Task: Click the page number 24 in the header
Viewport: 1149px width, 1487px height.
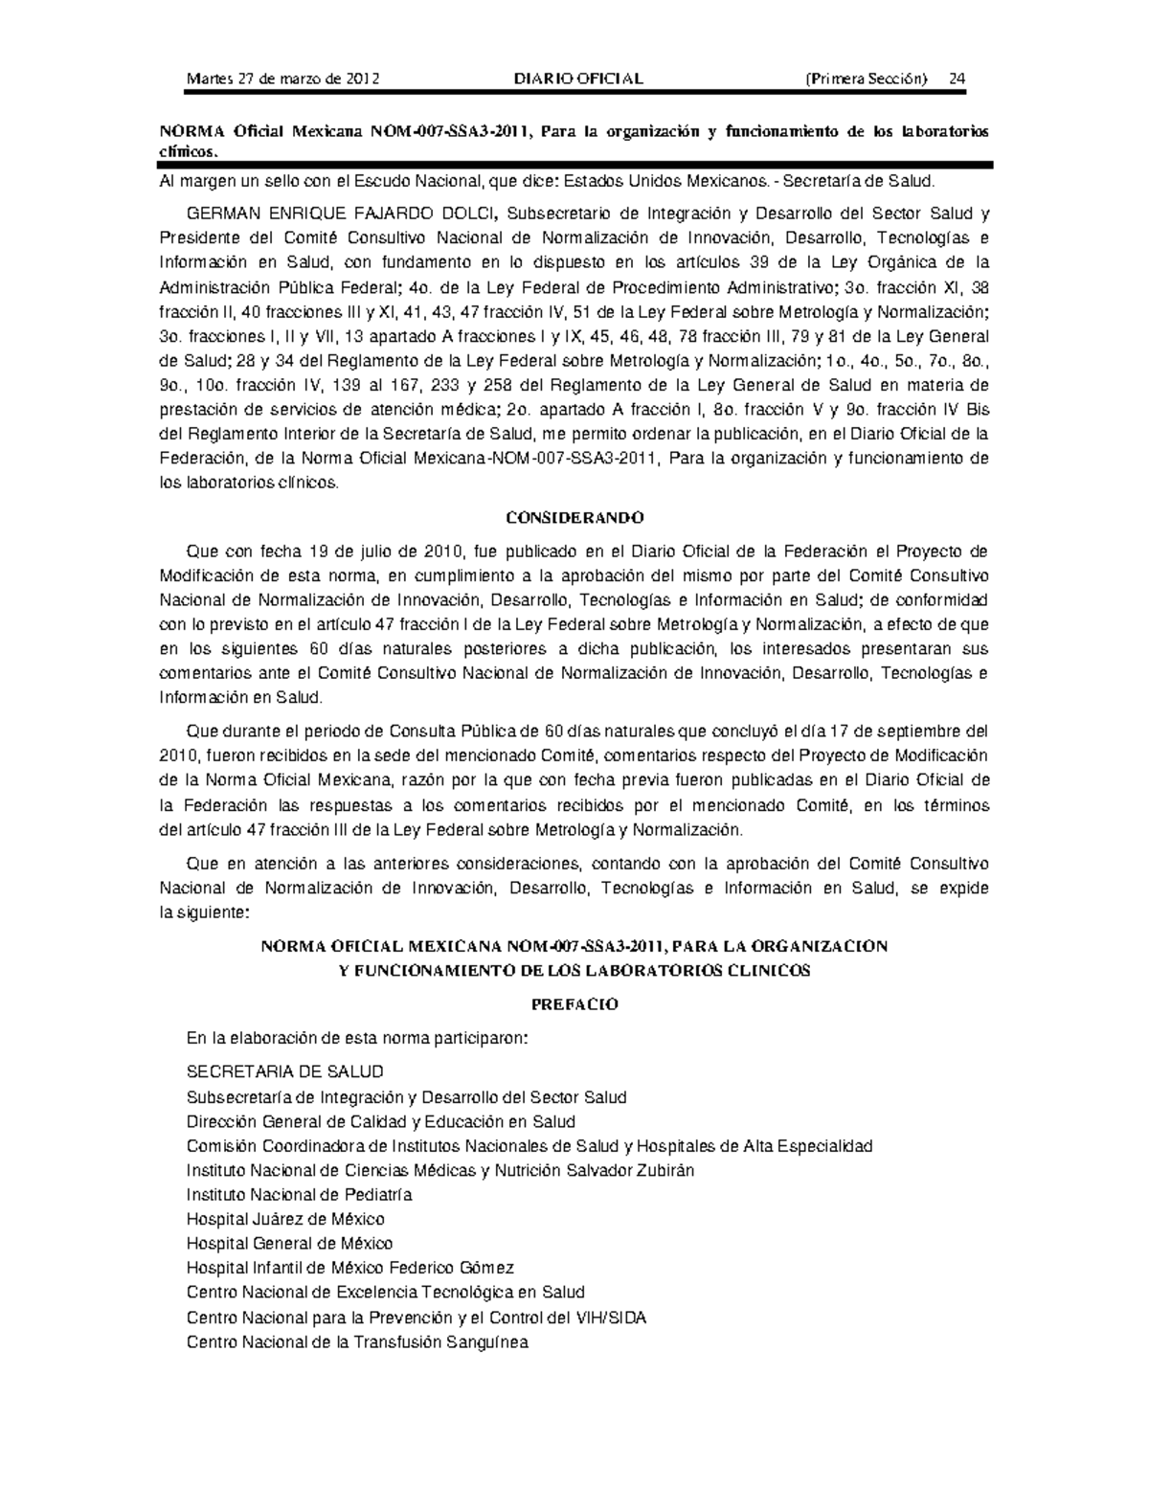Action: pyautogui.click(x=956, y=79)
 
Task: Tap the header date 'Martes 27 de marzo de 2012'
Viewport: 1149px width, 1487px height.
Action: pyautogui.click(x=282, y=79)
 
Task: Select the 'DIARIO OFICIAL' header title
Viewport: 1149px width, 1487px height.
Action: pyautogui.click(x=578, y=79)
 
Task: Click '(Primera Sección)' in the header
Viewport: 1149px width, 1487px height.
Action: pyautogui.click(x=867, y=79)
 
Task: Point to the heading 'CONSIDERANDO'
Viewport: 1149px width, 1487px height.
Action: pyautogui.click(x=574, y=518)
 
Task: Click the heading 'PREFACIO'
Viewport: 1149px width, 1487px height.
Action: pyautogui.click(x=574, y=1004)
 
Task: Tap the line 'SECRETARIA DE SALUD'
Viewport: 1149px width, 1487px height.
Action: pyautogui.click(x=284, y=1071)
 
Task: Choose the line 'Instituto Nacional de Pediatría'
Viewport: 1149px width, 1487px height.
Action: pyautogui.click(x=299, y=1194)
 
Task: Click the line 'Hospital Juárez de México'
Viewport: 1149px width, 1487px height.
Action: pyautogui.click(x=285, y=1219)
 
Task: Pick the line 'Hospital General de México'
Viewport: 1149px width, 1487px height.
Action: pyautogui.click(x=289, y=1244)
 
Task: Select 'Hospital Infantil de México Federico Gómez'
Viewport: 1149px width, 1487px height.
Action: pyautogui.click(x=350, y=1268)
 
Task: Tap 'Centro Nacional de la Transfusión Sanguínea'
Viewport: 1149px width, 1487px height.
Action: pyautogui.click(x=357, y=1341)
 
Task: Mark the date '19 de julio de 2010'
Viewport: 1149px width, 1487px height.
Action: pyautogui.click(x=387, y=551)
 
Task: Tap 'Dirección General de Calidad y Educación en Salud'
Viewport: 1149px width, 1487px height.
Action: pyautogui.click(x=381, y=1121)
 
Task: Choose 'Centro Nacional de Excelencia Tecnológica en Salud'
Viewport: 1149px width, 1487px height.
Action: pyautogui.click(x=386, y=1293)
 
